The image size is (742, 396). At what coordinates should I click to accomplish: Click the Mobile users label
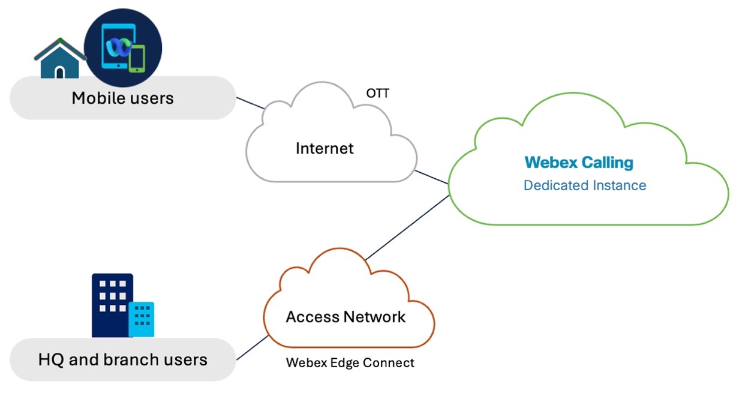[122, 98]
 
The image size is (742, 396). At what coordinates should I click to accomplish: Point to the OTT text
[378, 94]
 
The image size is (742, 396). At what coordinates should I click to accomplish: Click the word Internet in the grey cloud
[325, 148]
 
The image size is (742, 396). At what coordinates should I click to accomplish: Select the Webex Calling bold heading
[579, 163]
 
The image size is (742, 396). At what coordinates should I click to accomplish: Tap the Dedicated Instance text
[585, 185]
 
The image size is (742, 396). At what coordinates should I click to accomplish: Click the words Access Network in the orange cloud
[346, 317]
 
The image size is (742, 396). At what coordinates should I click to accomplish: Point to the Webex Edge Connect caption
[350, 363]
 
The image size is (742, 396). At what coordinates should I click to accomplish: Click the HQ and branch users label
[122, 360]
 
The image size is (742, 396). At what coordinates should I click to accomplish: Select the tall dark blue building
[111, 303]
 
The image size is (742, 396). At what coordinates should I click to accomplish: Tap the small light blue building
[142, 319]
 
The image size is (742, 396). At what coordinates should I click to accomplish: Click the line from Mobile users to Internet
[250, 103]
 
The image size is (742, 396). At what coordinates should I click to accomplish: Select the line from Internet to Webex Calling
[432, 178]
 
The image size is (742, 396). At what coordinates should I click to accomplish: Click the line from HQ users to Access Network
[253, 348]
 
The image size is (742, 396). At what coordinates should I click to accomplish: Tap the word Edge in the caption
[347, 363]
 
